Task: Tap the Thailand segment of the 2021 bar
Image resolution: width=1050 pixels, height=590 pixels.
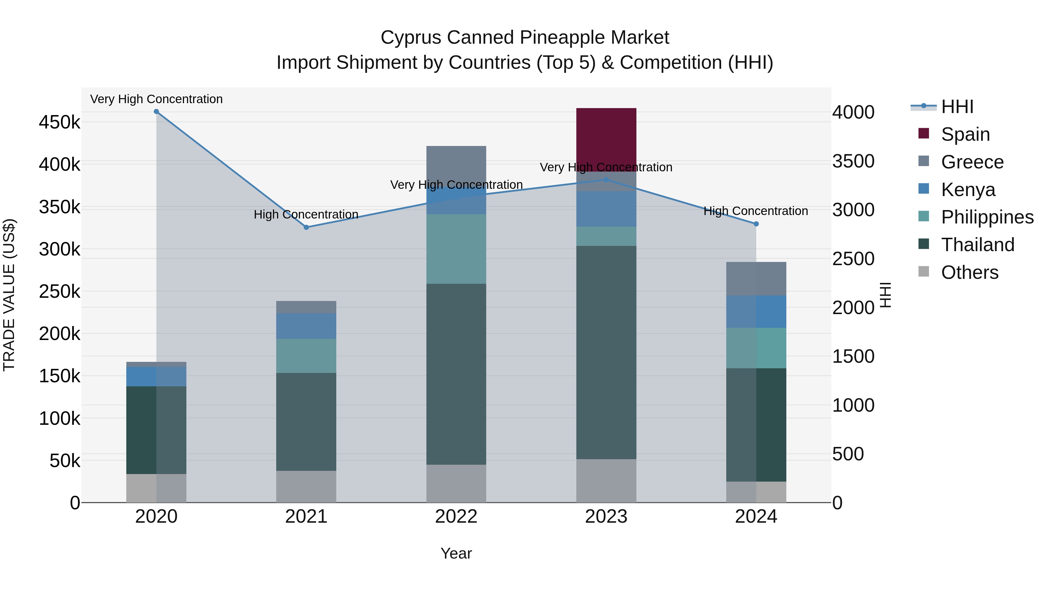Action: click(x=306, y=421)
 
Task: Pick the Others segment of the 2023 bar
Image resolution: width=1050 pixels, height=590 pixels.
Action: click(x=606, y=480)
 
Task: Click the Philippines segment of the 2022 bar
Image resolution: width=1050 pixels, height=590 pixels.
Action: click(x=456, y=249)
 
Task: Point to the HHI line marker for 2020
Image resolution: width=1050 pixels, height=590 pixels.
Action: click(x=157, y=112)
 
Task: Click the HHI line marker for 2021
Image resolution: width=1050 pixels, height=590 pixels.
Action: click(x=307, y=228)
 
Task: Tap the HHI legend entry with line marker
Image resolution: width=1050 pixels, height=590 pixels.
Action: click(x=942, y=107)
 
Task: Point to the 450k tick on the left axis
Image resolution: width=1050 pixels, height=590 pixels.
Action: click(x=60, y=122)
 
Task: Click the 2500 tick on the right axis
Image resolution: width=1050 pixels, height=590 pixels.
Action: click(x=853, y=259)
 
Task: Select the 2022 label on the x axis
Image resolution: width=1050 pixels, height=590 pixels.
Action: click(x=456, y=517)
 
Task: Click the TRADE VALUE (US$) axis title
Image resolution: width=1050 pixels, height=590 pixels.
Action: click(x=9, y=295)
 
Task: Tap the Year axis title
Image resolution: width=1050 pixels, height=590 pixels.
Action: click(x=456, y=553)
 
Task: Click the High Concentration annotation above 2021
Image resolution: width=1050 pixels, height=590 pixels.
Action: click(x=306, y=214)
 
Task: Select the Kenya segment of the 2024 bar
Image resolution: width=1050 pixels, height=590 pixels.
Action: click(x=756, y=311)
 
